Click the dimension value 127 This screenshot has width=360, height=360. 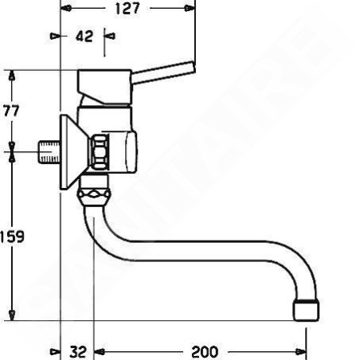[127, 9]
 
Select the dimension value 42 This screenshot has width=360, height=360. [84, 36]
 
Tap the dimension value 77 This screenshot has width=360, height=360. [11, 111]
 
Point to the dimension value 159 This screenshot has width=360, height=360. [12, 237]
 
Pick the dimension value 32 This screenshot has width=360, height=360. [78, 352]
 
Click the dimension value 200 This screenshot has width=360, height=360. [205, 352]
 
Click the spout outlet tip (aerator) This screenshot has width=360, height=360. [306, 310]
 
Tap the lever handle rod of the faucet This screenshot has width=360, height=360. [163, 72]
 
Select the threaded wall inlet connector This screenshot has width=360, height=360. [49, 152]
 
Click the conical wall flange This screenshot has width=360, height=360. [72, 152]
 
